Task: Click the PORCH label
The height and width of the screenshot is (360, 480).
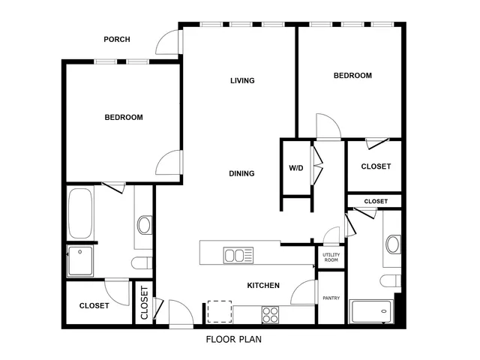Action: coord(117,40)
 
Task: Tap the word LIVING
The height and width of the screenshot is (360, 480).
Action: coord(242,81)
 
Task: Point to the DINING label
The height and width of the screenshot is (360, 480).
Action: coord(241,174)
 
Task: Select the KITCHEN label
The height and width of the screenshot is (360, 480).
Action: coord(263,286)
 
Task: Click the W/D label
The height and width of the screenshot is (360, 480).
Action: coord(295,167)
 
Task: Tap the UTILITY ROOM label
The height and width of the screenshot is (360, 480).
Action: coord(331,257)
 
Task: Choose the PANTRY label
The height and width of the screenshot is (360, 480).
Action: coord(331,298)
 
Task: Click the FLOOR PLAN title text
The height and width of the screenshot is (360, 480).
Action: coord(233,339)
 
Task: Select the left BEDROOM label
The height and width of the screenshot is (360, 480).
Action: coord(123,118)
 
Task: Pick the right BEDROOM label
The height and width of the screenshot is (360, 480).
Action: coord(352,76)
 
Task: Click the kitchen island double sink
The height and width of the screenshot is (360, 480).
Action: coord(238,255)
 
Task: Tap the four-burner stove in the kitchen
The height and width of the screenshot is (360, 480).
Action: coord(270,312)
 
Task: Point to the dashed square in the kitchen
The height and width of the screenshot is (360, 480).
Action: coord(219,311)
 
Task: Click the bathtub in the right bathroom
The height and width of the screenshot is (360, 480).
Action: coord(371,310)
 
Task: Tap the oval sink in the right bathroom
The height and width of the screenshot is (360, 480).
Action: coord(392,244)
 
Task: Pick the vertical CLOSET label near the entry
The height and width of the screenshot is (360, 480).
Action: coord(145,304)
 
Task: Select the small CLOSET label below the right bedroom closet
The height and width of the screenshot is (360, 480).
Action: coord(376,202)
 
